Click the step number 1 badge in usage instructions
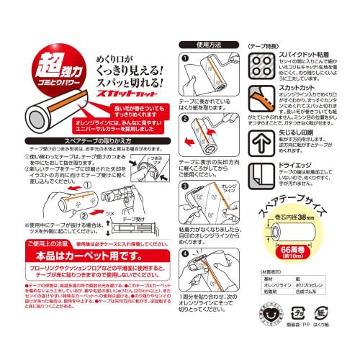(185, 58)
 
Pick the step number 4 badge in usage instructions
(185, 254)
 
